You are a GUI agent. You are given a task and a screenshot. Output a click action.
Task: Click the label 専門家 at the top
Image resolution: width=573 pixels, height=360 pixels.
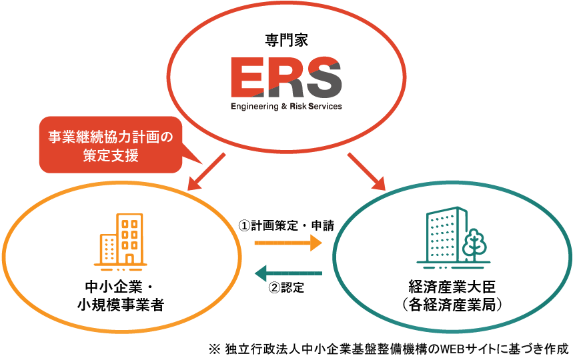(286, 39)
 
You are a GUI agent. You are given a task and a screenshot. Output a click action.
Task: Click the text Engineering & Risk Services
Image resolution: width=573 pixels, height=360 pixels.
(286, 106)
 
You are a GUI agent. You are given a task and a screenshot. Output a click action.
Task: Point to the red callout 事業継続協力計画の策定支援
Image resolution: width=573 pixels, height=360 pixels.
(110, 146)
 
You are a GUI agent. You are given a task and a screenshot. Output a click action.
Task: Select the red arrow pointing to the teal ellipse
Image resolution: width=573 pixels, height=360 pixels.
(367, 171)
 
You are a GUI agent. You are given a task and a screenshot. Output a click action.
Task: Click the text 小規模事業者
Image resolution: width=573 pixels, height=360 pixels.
(120, 305)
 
